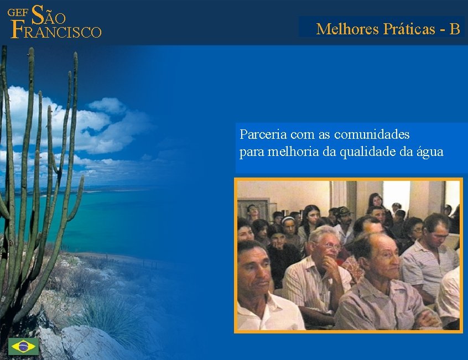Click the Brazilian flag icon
(23, 346)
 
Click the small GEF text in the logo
(19, 12)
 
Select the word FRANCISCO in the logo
(56, 32)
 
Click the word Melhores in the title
(347, 29)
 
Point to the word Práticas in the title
(409, 29)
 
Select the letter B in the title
(455, 29)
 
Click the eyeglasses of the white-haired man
(330, 246)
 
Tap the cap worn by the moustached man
(344, 211)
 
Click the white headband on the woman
(288, 219)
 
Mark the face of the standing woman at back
(376, 200)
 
